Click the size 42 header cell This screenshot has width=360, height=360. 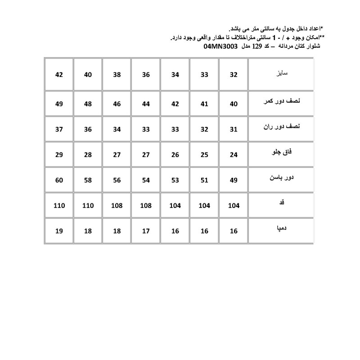(59, 75)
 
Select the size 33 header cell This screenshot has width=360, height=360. (204, 75)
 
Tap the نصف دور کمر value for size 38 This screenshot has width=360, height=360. (117, 104)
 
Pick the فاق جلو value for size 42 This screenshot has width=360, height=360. (59, 155)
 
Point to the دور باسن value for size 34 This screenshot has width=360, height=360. (175, 180)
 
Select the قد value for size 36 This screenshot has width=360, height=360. (146, 206)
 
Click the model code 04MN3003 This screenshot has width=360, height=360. (220, 46)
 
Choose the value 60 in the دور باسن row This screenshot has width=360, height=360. (59, 180)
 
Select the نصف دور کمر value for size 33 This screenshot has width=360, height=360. (204, 104)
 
